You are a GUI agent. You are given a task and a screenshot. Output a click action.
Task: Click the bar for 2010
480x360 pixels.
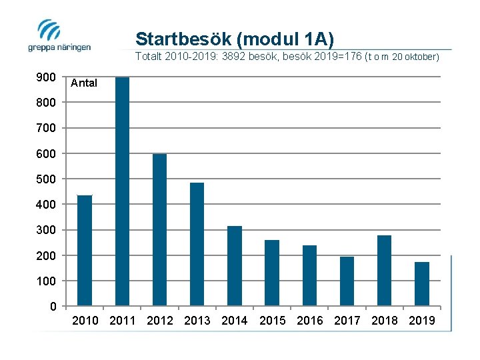pyautogui.click(x=85, y=250)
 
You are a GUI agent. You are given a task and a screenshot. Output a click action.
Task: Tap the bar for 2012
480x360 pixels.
pyautogui.click(x=159, y=229)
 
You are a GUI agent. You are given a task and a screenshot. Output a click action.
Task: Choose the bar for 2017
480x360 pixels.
pyautogui.click(x=347, y=281)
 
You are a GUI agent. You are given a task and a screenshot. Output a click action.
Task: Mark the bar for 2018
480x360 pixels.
pyautogui.click(x=384, y=270)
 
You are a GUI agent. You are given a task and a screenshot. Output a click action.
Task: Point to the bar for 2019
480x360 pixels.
pyautogui.click(x=421, y=283)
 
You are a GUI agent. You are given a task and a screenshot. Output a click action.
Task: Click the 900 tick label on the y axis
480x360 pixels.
pyautogui.click(x=46, y=77)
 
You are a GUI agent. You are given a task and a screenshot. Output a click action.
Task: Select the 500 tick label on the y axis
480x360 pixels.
pyautogui.click(x=46, y=179)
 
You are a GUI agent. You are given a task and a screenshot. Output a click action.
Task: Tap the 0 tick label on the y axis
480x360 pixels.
pyautogui.click(x=53, y=307)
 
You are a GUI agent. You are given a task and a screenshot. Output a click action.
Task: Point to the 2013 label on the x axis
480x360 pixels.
pyautogui.click(x=197, y=321)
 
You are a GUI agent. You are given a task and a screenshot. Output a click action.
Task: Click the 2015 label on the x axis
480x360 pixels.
pyautogui.click(x=272, y=321)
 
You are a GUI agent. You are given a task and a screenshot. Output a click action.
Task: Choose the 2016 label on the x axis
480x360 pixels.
pyautogui.click(x=309, y=321)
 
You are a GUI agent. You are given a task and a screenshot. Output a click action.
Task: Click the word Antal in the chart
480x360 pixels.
pyautogui.click(x=84, y=83)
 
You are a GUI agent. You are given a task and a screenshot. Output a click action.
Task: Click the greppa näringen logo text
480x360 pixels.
pyautogui.click(x=59, y=47)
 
